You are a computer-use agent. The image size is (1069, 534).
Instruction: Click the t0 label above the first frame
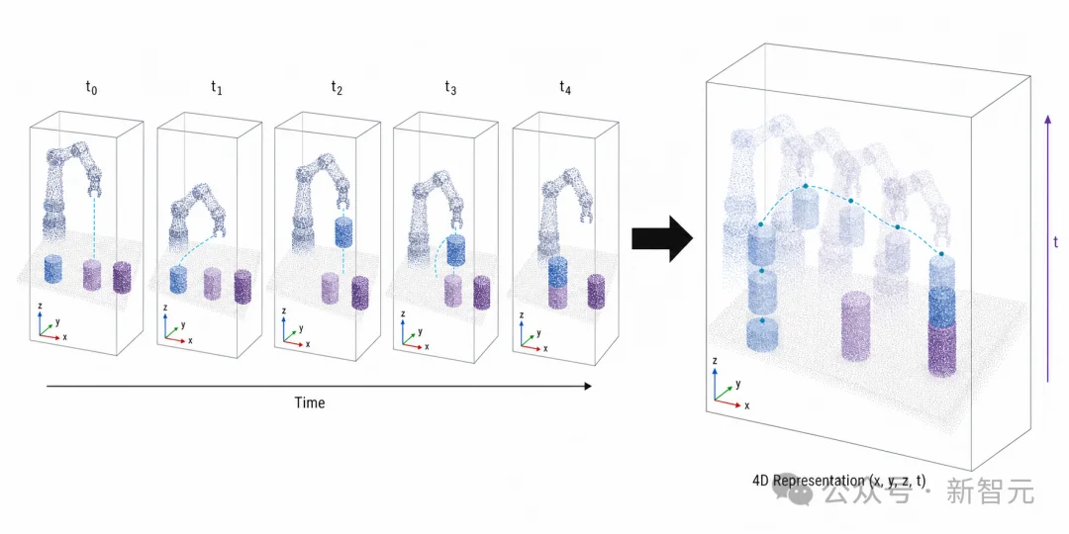coord(91,88)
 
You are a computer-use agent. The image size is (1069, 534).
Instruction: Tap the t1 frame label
coord(216,88)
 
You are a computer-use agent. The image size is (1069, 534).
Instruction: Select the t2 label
coord(337,88)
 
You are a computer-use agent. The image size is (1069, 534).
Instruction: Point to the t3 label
coord(450,88)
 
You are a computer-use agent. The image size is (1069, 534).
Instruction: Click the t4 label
coord(565,88)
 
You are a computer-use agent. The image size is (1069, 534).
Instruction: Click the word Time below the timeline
coord(310,402)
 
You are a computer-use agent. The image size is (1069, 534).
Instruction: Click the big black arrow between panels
coord(661,239)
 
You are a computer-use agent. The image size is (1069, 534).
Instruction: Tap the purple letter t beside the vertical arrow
coord(1056,242)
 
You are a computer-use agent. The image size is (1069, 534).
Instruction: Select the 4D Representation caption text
coord(839,481)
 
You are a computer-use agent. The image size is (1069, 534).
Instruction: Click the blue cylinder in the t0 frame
coord(53,269)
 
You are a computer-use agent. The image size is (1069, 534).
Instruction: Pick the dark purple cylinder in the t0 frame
coord(122,277)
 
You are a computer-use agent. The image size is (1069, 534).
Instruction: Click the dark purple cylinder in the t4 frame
coord(597,291)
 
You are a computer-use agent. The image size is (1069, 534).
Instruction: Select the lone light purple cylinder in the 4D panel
coord(855,326)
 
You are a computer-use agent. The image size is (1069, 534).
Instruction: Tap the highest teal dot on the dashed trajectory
coord(805,185)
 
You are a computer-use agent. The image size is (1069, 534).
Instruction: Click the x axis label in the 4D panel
coord(747,405)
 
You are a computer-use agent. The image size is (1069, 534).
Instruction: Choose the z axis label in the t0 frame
coord(40,308)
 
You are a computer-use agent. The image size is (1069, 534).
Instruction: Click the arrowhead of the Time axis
coord(588,387)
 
